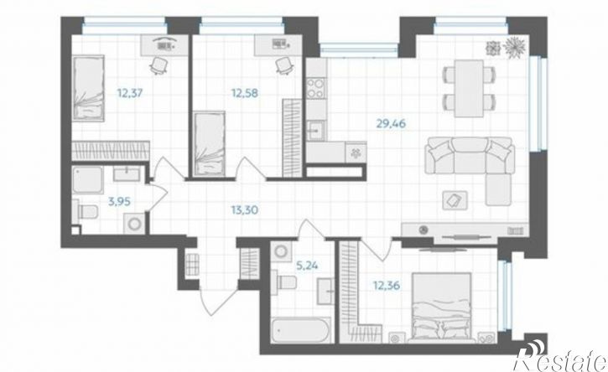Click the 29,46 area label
391,124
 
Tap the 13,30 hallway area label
245,210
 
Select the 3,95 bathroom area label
119,201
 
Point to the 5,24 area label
307,266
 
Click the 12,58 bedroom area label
245,93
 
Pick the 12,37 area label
130,93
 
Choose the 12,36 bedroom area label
387,286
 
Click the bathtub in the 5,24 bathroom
301,331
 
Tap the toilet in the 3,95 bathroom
86,212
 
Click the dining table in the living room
469,88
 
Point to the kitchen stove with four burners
316,88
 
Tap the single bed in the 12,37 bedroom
88,88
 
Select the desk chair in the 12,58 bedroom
285,65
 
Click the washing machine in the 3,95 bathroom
134,225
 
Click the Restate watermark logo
560,359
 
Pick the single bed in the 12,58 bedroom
210,143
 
